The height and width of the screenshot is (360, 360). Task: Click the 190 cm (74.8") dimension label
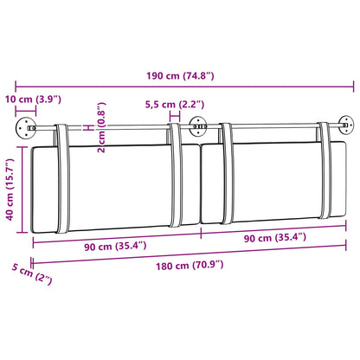[180, 76]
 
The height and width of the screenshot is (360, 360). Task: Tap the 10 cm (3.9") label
[33, 100]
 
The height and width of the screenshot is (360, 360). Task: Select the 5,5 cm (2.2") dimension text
[175, 104]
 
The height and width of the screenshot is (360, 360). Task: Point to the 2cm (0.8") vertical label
[101, 127]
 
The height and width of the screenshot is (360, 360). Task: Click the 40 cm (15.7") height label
[10, 190]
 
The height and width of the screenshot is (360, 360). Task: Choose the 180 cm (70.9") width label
[190, 265]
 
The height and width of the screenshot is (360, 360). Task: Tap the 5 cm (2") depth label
[32, 273]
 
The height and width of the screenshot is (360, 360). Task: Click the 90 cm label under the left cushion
[115, 247]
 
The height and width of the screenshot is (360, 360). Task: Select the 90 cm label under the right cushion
[275, 238]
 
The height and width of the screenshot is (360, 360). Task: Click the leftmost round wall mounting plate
[26, 128]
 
